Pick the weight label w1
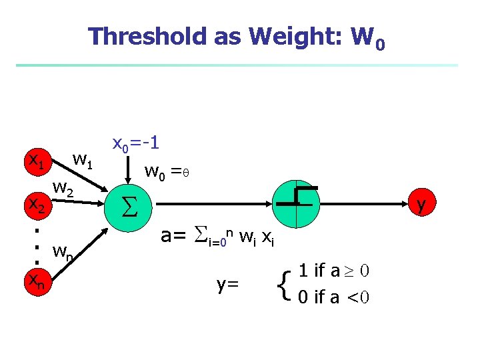tap(85, 160)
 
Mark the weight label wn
tap(64, 253)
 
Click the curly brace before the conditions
tap(286, 284)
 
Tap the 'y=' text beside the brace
tap(228, 285)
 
